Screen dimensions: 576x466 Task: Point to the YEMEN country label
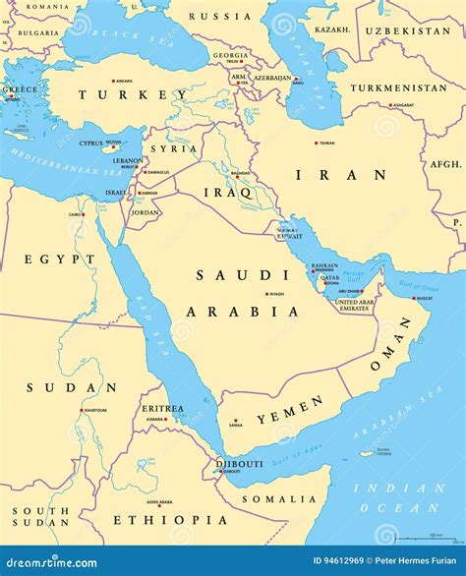pos(290,410)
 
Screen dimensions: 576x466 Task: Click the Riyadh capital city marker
pos(265,293)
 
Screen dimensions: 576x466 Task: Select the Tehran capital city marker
pos(316,143)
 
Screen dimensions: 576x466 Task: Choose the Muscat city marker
pos(413,297)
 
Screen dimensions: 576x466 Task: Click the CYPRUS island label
pos(90,144)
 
